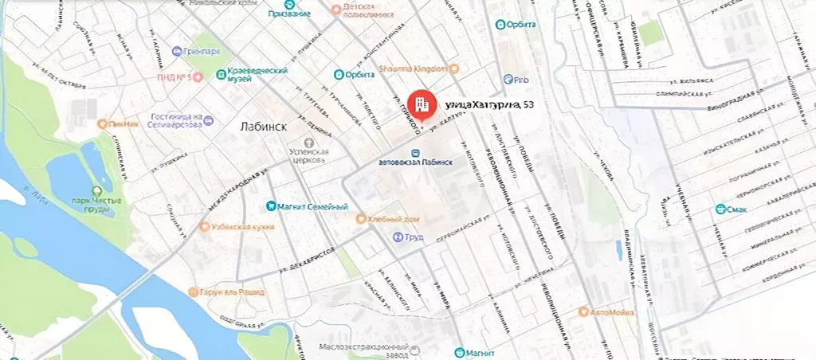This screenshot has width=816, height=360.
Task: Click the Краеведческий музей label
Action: (257, 75)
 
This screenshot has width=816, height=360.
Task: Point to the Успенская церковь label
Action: (308, 155)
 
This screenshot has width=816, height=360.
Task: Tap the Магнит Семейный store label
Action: (312, 207)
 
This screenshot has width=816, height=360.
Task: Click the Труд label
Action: (412, 237)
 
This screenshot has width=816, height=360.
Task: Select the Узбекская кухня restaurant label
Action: (237, 226)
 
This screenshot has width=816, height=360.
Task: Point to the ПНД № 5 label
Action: (175, 76)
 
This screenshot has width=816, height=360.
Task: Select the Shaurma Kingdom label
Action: (416, 68)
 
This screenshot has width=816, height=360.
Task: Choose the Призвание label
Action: (289, 14)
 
